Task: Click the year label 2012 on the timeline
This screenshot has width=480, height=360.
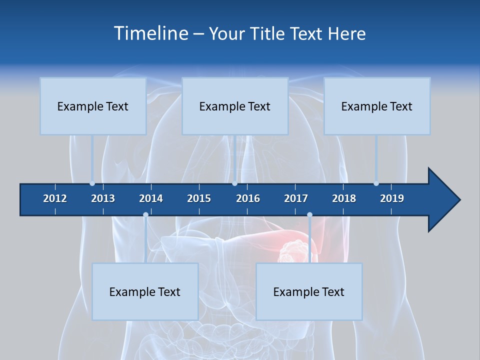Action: (55, 198)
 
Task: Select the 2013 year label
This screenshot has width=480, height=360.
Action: (103, 198)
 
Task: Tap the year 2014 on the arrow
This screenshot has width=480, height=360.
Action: (151, 198)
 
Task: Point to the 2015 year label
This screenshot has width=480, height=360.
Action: (199, 198)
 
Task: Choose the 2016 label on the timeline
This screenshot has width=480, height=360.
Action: (248, 198)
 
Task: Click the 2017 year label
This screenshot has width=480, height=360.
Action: (296, 198)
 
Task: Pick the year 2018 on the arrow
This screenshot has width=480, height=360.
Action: (344, 198)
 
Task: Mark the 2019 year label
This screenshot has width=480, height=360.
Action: (392, 198)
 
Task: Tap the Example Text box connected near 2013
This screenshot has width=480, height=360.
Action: (93, 106)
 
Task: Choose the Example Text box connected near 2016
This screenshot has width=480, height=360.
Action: (235, 106)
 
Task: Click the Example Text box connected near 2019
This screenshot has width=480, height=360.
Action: (377, 106)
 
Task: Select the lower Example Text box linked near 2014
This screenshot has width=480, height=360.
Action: (145, 291)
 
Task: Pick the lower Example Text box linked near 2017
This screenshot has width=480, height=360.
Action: (309, 291)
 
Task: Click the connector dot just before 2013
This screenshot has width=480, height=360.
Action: (92, 183)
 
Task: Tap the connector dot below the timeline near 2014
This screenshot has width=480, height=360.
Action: (145, 215)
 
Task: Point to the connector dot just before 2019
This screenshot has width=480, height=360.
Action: (376, 183)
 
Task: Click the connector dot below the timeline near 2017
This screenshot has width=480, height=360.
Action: (309, 215)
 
